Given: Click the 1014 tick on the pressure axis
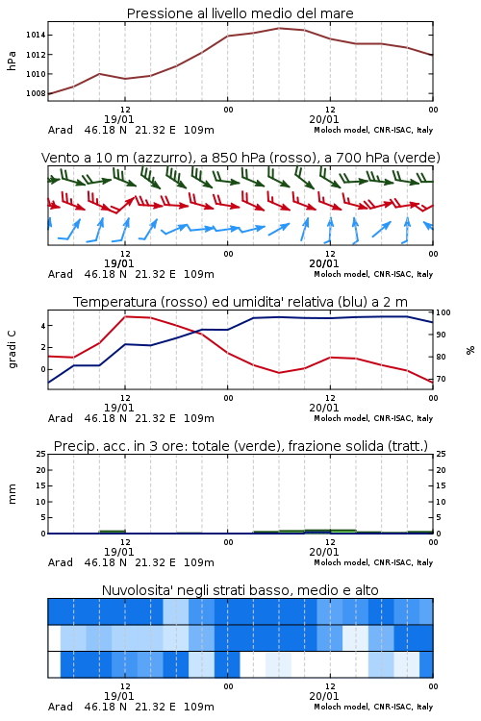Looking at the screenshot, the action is click(x=36, y=35).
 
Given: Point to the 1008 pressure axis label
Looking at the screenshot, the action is click(x=36, y=93).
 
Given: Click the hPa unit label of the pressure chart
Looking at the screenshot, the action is click(x=12, y=61).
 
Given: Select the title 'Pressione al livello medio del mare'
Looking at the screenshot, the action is click(x=240, y=13).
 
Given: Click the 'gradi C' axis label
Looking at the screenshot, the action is click(x=12, y=349).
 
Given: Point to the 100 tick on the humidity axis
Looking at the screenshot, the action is click(x=443, y=312).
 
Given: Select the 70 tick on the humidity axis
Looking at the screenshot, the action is click(x=441, y=379).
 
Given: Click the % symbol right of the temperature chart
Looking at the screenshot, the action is click(x=470, y=350).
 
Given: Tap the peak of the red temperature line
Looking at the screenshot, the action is click(x=125, y=316).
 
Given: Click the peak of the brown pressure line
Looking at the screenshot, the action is click(x=279, y=28).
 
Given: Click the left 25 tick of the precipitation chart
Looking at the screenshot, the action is click(x=41, y=454).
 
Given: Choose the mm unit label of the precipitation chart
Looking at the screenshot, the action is click(x=12, y=494).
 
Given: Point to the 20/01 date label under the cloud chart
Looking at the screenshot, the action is click(x=324, y=696).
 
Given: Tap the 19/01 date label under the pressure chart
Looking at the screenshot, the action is click(x=118, y=119).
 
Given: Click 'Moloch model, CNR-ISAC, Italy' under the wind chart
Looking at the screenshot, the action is click(x=373, y=274).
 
